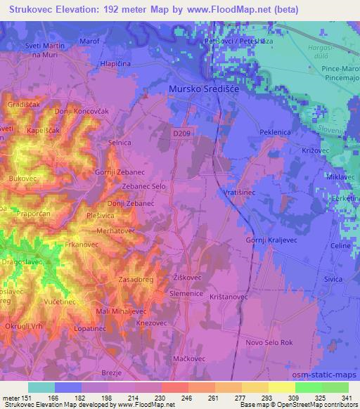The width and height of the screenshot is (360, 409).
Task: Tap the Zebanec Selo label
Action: click(144, 187)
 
